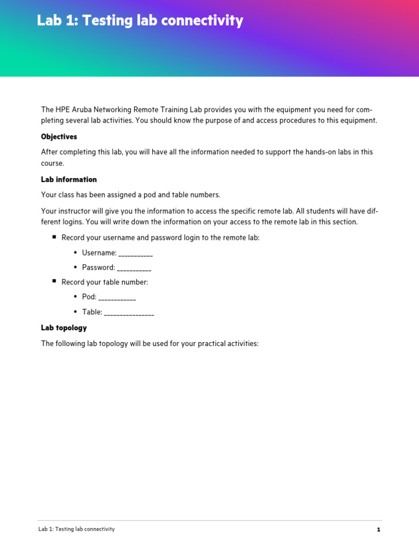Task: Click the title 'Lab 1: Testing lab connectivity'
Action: point(140,21)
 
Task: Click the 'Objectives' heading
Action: point(59,137)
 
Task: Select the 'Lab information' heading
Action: point(69,179)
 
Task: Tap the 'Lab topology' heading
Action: point(64,328)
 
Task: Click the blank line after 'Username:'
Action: point(135,253)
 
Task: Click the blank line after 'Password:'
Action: point(134,268)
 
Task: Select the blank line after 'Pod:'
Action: point(117,298)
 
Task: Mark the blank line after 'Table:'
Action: point(129,313)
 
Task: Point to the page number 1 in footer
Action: point(378,529)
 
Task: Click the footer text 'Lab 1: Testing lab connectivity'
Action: point(76,529)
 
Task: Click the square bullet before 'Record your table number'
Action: point(55,281)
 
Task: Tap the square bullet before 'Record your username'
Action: point(55,237)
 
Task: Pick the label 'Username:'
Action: point(99,253)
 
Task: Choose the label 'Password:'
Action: point(98,268)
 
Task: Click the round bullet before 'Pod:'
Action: point(75,297)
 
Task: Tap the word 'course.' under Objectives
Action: point(52,163)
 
